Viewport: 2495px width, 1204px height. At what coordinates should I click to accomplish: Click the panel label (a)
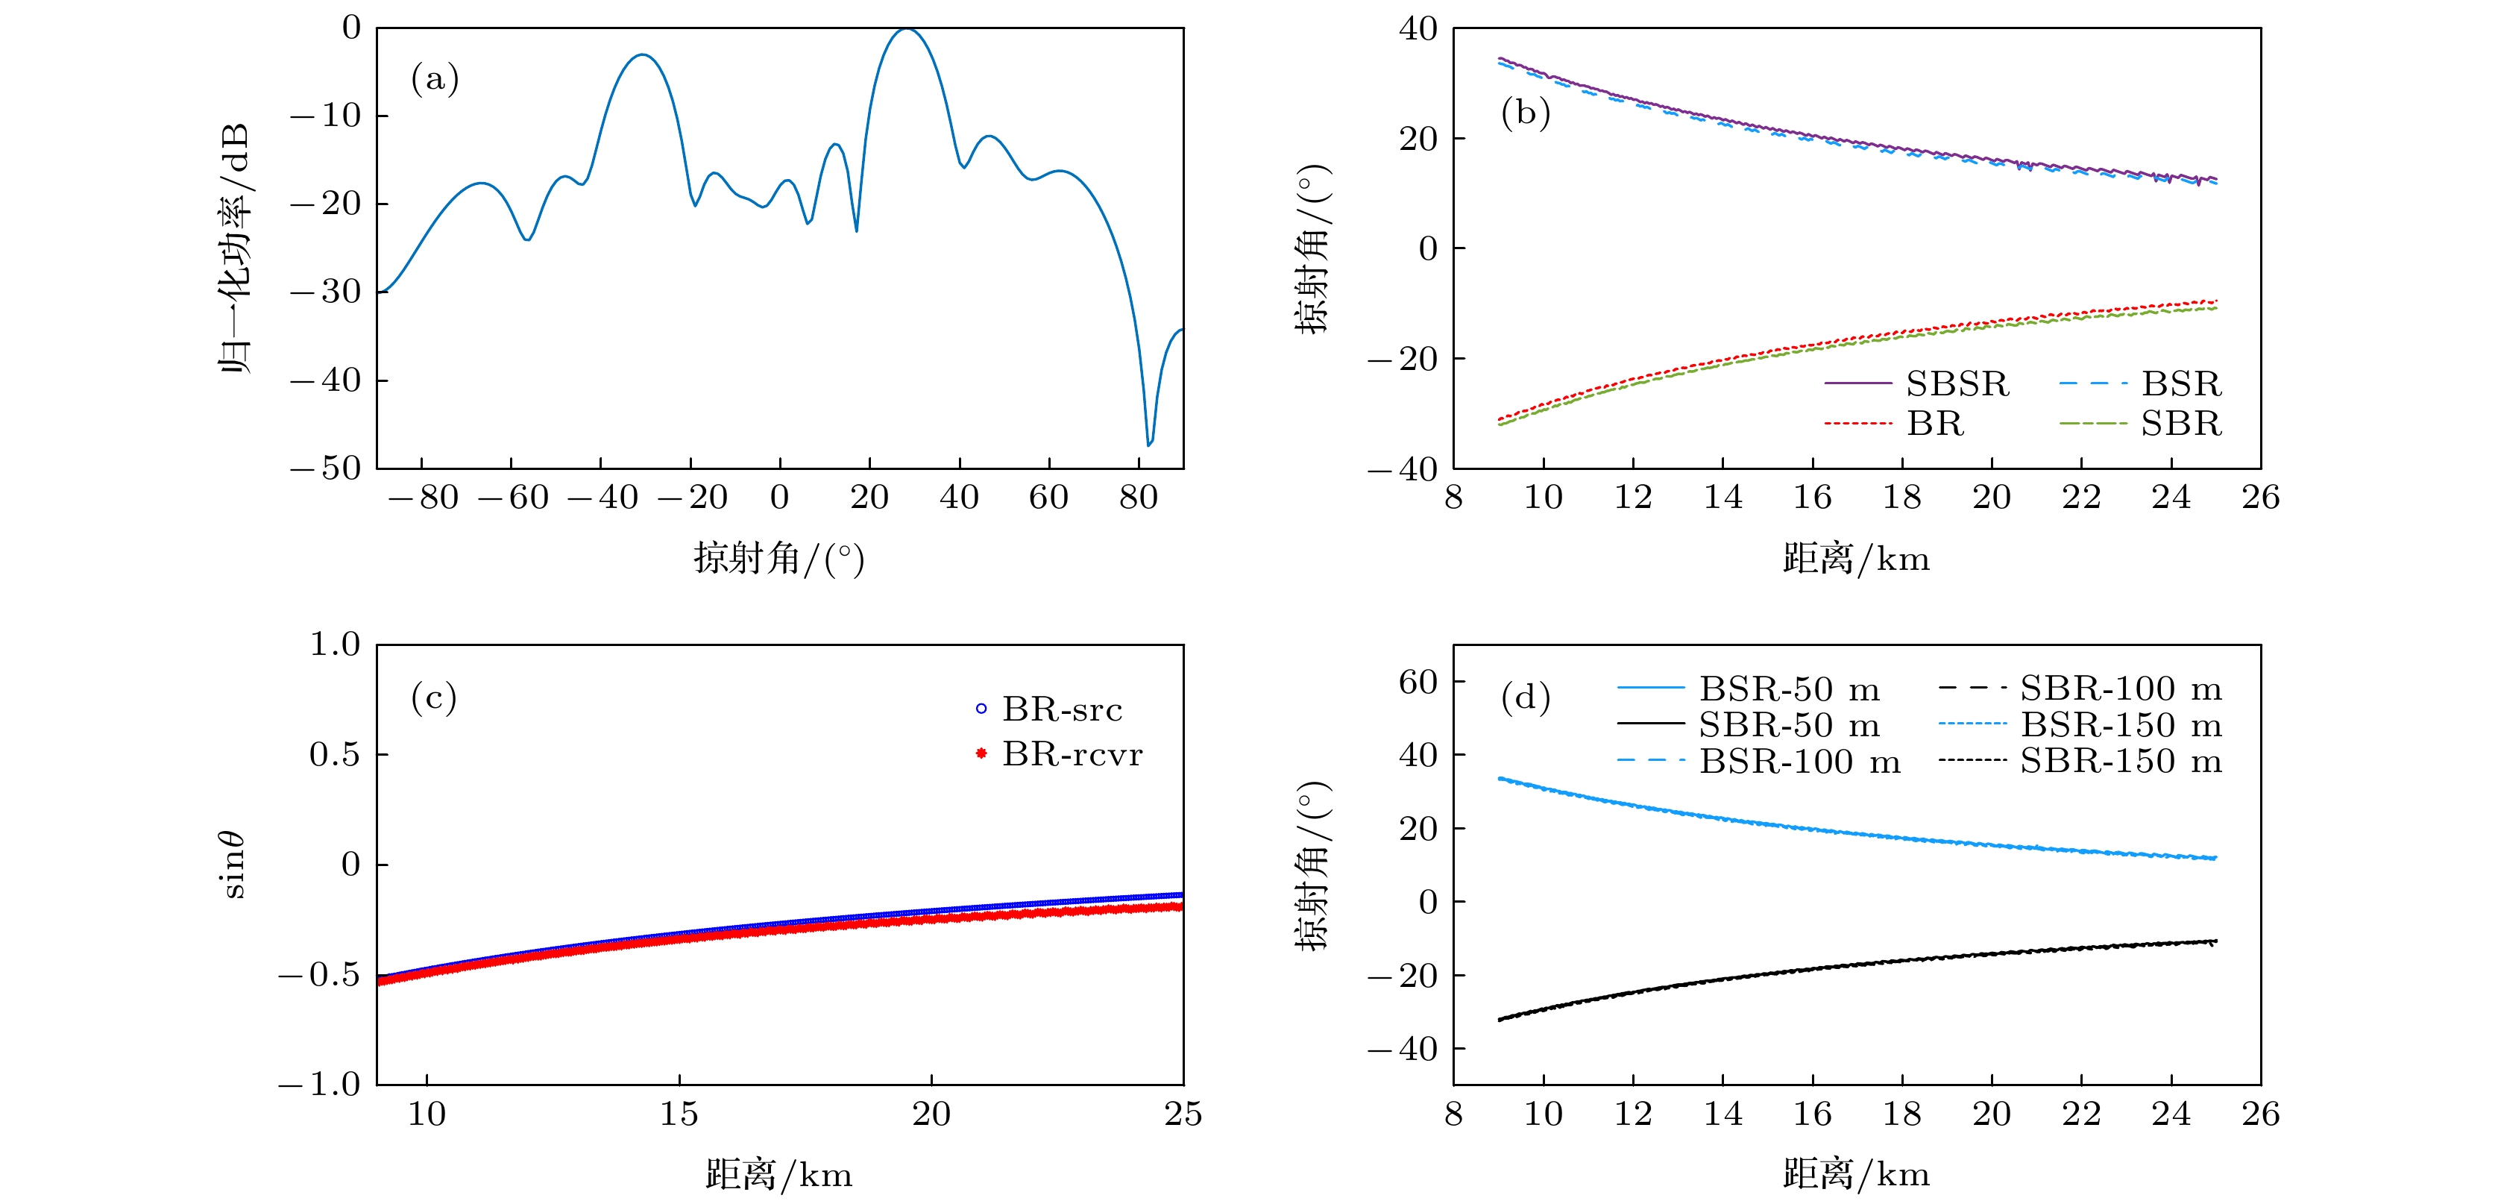tap(435, 79)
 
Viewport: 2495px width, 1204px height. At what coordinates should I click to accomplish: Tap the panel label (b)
tap(1526, 113)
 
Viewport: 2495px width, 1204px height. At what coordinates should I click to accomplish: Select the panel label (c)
tap(434, 697)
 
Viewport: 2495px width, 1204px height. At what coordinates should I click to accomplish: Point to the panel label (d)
tap(1526, 697)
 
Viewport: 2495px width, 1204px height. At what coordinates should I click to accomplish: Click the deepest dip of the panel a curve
tap(1149, 445)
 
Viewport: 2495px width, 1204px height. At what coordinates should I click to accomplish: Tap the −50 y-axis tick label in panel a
tap(327, 468)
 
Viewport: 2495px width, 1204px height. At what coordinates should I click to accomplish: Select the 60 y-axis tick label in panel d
tap(1418, 683)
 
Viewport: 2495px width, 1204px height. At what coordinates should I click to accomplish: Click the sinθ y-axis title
tap(233, 864)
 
